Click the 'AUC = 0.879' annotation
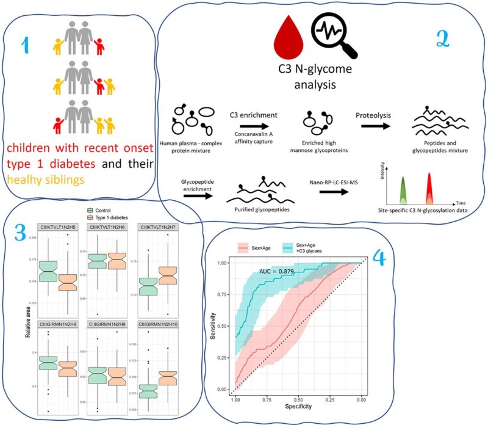coord(280,272)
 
